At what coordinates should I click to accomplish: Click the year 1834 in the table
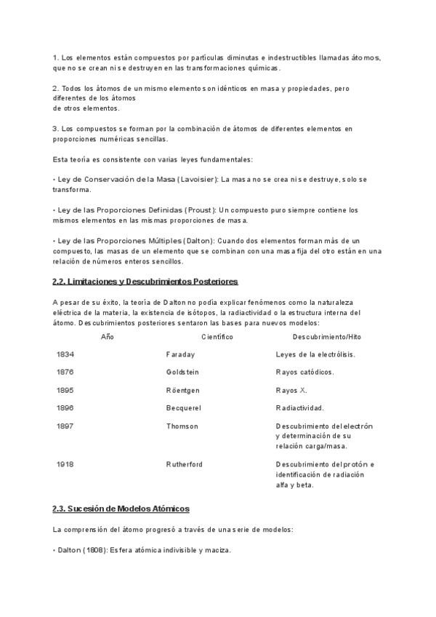click(65, 354)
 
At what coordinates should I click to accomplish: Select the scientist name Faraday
click(180, 354)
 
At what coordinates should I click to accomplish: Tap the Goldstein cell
click(182, 372)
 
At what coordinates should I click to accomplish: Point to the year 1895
click(65, 390)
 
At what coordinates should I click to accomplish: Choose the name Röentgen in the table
click(183, 390)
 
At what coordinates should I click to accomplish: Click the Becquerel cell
click(183, 408)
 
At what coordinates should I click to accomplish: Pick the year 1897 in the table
click(65, 426)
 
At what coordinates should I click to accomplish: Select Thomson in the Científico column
click(182, 426)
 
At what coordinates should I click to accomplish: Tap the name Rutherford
click(185, 464)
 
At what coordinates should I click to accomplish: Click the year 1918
click(65, 464)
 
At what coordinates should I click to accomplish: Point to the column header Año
click(108, 337)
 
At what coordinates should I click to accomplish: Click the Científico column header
click(217, 337)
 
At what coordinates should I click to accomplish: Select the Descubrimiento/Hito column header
click(326, 337)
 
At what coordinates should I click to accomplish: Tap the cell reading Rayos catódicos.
click(305, 372)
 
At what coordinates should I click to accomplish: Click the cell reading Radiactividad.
click(300, 408)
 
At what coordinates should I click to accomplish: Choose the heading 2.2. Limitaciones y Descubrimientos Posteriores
click(145, 282)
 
